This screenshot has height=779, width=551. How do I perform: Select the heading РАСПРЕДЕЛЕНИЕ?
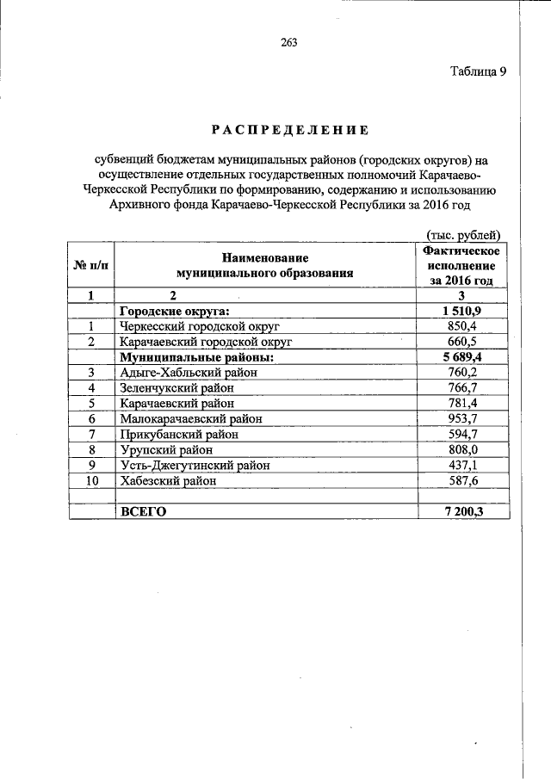pos(290,130)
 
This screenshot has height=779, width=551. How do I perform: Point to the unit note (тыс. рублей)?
pos(462,234)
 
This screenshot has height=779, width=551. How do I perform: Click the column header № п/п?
pos(90,266)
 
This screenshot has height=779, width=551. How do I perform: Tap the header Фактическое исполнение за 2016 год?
pos(462,265)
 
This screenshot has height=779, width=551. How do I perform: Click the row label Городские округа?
pos(177,311)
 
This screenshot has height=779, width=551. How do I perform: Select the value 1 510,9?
pos(462,311)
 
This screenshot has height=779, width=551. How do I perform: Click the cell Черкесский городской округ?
pos(201,326)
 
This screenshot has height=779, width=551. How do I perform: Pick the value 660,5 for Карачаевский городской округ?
pos(462,341)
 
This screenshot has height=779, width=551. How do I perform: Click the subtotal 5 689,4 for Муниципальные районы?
pos(462,356)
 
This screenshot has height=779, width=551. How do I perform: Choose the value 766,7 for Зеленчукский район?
pos(462,387)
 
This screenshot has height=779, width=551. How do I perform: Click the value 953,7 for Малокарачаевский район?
pos(462,418)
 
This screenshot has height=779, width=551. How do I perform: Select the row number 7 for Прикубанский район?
pos(90,434)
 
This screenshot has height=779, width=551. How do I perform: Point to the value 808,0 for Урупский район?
pos(462,449)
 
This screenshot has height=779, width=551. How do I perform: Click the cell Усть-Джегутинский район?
pos(195,465)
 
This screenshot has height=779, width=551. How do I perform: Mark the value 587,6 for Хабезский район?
pos(462,480)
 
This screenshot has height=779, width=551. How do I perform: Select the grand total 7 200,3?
pos(462,511)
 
